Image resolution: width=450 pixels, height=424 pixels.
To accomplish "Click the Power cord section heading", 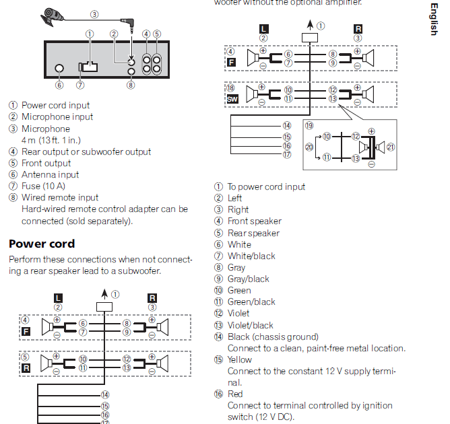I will [42, 244].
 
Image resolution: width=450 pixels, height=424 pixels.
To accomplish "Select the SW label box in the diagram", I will [232, 98].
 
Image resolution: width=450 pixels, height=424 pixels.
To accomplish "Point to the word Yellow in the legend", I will [240, 359].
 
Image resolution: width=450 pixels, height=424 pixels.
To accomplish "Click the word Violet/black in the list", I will [251, 325].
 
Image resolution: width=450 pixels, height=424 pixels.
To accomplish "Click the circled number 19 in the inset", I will [309, 125].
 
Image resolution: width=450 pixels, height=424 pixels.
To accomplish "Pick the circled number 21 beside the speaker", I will [392, 147].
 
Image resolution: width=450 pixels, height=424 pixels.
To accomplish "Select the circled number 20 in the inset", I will [309, 146].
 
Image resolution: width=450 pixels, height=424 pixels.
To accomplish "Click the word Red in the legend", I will [235, 394].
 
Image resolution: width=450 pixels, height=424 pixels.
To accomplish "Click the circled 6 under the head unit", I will [59, 85].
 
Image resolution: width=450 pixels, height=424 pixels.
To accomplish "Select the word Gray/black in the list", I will [248, 279].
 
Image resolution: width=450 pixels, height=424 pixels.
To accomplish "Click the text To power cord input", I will [266, 186].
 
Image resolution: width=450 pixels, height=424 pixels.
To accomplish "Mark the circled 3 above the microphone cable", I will [94, 13].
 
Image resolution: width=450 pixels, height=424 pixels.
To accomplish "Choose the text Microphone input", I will [57, 116].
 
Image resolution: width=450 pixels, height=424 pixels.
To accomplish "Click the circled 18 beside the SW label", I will [230, 87].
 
